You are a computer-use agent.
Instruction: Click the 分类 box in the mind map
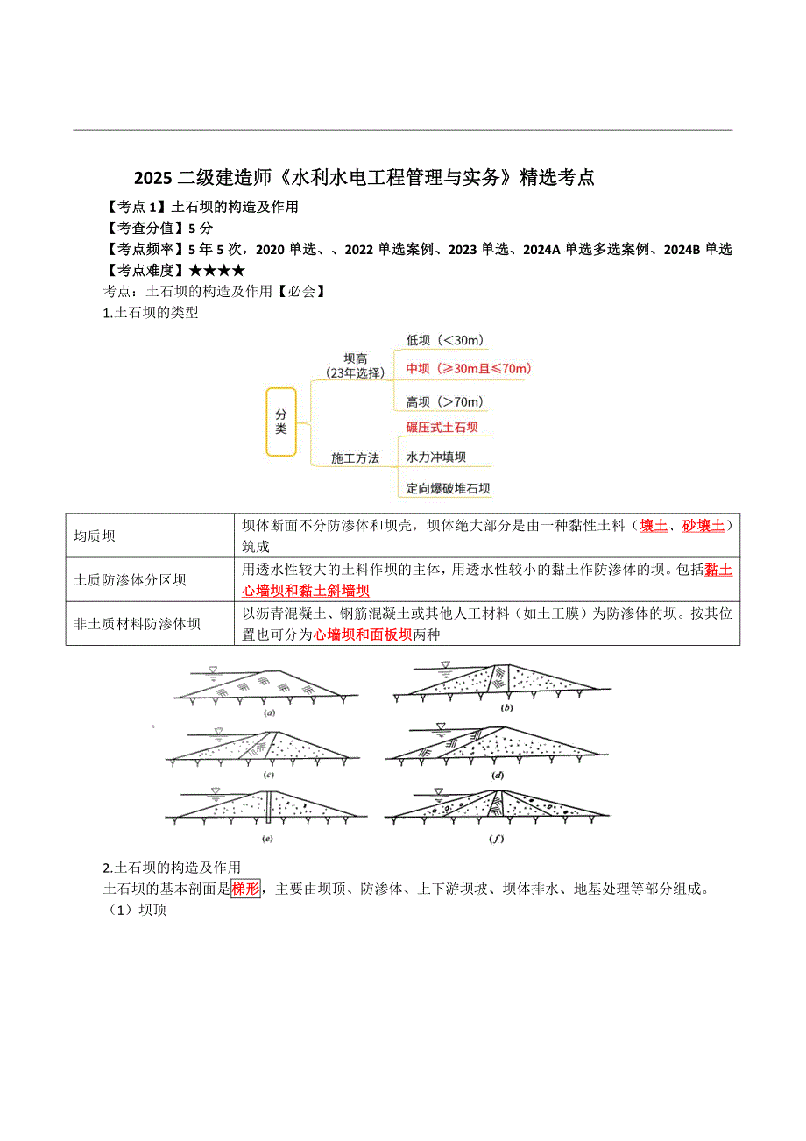[x=281, y=422]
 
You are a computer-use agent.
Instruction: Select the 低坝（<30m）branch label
[x=445, y=340]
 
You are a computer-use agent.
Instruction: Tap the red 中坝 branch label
[x=469, y=369]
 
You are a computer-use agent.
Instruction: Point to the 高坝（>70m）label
[x=445, y=401]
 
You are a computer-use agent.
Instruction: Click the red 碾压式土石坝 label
[x=442, y=428]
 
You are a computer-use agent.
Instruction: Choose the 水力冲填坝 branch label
[x=435, y=457]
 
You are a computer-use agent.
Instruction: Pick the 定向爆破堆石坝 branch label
[x=448, y=488]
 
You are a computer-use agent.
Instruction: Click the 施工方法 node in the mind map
[x=355, y=457]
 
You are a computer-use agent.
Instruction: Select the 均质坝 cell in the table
[x=95, y=535]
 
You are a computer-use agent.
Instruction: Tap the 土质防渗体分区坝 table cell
[x=130, y=580]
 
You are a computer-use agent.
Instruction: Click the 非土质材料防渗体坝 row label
[x=137, y=624]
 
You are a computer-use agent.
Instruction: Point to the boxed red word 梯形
[x=246, y=889]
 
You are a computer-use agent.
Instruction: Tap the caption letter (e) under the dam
[x=268, y=838]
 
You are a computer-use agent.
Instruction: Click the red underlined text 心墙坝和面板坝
[x=363, y=634]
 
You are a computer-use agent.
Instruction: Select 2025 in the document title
[x=155, y=177]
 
